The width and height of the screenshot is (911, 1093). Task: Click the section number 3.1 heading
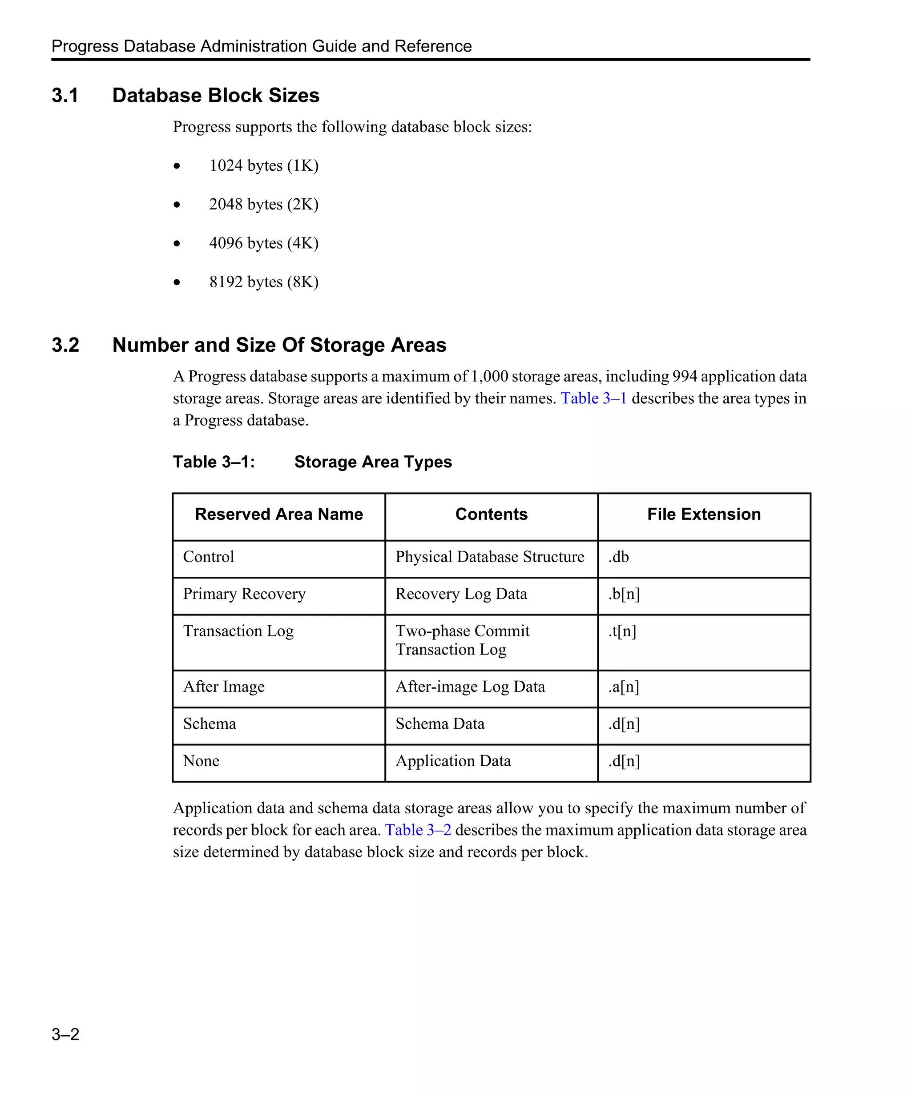pyautogui.click(x=65, y=96)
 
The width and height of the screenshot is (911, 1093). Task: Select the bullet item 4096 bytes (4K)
pyautogui.click(x=263, y=243)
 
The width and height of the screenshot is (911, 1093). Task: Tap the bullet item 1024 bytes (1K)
pyautogui.click(x=263, y=165)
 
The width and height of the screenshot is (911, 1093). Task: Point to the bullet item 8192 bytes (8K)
pyautogui.click(x=263, y=281)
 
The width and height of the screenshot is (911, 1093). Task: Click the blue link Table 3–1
pyautogui.click(x=593, y=398)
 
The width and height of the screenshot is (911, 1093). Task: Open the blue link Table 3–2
pyautogui.click(x=418, y=830)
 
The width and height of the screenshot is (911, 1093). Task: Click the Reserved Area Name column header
pyautogui.click(x=278, y=514)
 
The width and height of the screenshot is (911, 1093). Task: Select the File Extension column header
pyautogui.click(x=703, y=514)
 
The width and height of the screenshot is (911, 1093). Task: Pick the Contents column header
pyautogui.click(x=491, y=514)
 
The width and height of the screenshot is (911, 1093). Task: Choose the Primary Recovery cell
pyautogui.click(x=244, y=594)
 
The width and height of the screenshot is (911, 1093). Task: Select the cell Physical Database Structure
pyautogui.click(x=489, y=557)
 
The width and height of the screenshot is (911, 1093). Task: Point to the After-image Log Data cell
pyautogui.click(x=470, y=687)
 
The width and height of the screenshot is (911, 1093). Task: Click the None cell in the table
pyautogui.click(x=201, y=761)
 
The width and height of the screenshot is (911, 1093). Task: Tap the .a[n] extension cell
pyautogui.click(x=624, y=687)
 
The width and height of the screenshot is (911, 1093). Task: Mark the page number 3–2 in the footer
pyautogui.click(x=65, y=1034)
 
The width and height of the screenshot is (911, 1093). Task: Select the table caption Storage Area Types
pyautogui.click(x=373, y=462)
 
